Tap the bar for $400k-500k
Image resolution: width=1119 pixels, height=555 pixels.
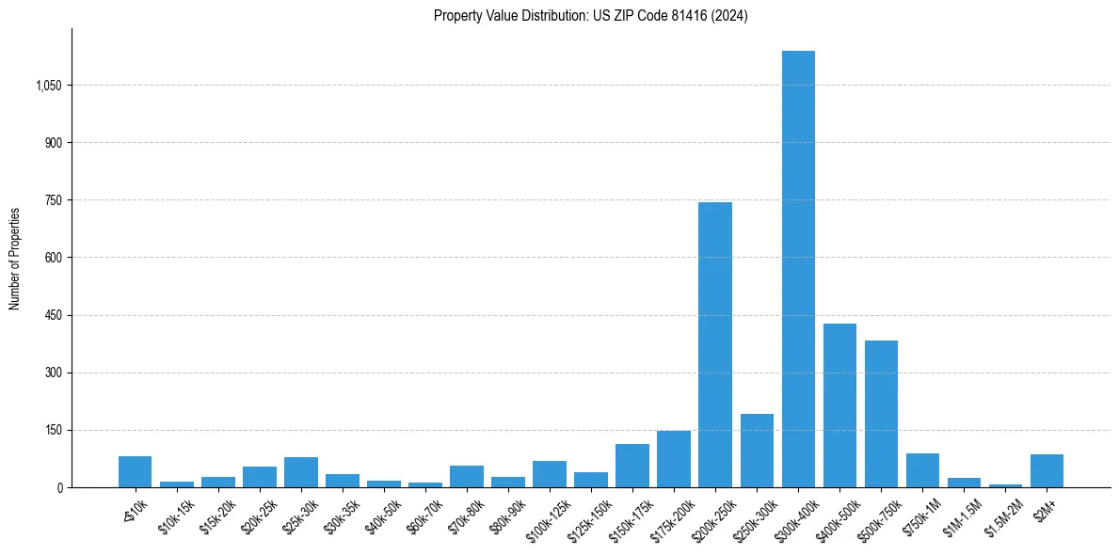pos(839,405)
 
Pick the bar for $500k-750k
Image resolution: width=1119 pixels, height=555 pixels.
pos(881,414)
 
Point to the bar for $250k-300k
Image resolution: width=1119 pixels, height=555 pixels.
pos(757,451)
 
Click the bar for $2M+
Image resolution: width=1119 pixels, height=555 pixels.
pos(1047,471)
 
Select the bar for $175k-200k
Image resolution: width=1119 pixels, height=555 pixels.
pos(674,459)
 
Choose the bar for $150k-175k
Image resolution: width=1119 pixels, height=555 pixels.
pos(632,466)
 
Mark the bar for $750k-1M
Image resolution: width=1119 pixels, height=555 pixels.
pos(922,470)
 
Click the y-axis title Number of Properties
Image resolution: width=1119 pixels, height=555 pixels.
pos(15,258)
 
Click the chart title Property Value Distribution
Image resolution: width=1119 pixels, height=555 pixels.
pos(591,16)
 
